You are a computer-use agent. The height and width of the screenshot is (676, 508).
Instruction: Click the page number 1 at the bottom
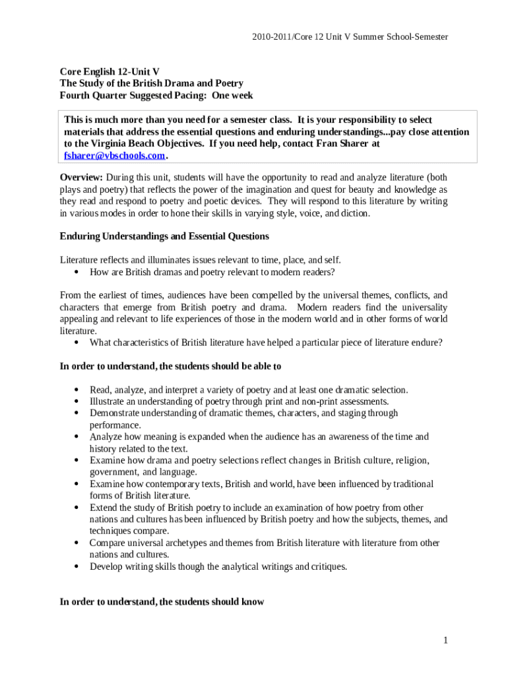coord(446,640)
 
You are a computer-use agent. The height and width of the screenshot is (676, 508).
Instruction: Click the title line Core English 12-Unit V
coord(110,71)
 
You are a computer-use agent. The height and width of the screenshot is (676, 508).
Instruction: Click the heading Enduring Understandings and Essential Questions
coord(164,236)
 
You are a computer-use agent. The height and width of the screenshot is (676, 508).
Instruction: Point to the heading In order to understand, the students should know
coord(162,601)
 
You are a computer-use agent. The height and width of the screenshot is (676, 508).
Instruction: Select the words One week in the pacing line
coord(232,95)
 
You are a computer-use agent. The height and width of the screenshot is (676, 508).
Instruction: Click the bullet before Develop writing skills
coord(77,566)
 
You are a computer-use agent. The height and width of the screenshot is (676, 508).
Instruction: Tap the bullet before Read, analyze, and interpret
coord(77,389)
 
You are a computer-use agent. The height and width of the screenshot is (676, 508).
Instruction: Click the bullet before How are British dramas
coord(77,272)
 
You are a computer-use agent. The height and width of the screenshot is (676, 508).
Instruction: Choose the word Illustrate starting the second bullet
coord(108,401)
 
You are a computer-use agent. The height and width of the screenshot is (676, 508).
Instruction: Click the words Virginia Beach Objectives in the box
coord(141,143)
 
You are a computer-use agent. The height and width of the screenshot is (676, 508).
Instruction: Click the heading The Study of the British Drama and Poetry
coord(152,83)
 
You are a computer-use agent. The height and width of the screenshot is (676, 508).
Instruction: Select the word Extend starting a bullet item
coord(104,508)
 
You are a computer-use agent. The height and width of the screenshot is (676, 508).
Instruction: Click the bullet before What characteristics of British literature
coord(77,343)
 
